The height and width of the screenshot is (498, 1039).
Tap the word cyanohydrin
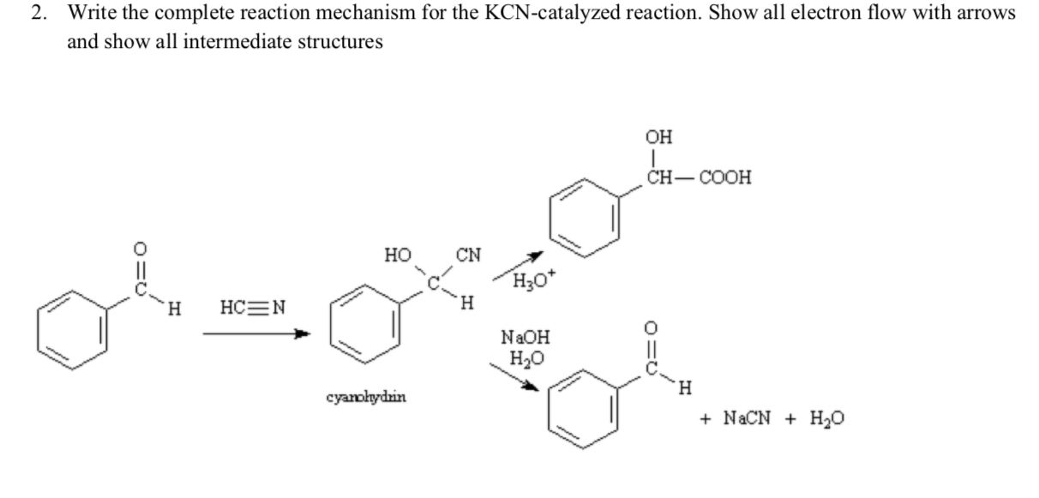coord(367,398)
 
